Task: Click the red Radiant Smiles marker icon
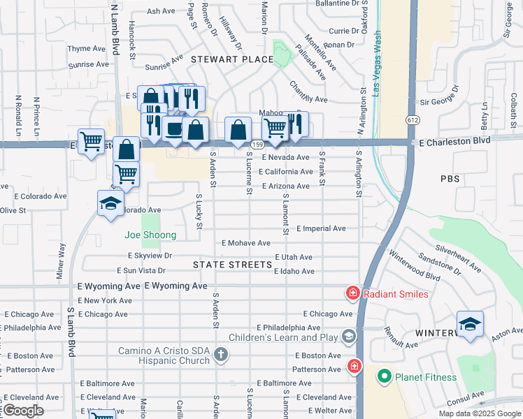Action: (x=354, y=293)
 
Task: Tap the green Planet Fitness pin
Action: (x=383, y=378)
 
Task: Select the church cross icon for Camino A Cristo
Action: (x=221, y=355)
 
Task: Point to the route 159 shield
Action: (x=257, y=145)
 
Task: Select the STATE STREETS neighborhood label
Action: (x=232, y=265)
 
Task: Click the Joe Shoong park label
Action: (x=150, y=235)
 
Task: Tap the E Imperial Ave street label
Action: (x=321, y=228)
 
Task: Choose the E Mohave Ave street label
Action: (x=245, y=243)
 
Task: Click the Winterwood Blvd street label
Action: (x=415, y=266)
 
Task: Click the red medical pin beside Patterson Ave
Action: (x=354, y=366)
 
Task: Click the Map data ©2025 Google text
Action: (x=479, y=413)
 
